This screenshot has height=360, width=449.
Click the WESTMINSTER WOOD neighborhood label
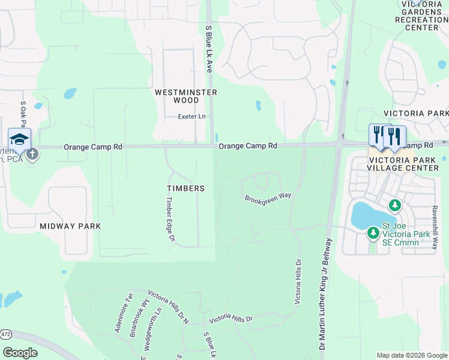(185, 97)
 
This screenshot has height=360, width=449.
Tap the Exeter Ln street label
(191, 116)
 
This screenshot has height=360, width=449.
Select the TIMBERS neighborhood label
(185, 188)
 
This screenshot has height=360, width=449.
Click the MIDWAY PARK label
(70, 226)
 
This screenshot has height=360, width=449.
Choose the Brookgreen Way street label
(268, 196)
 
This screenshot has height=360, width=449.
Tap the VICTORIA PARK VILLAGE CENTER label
(403, 164)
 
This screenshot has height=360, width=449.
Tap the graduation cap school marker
(19, 139)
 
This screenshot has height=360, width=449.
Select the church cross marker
(32, 154)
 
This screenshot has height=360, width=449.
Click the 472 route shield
(5, 334)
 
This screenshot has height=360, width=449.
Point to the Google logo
(20, 353)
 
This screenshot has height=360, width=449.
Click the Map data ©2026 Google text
(411, 356)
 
